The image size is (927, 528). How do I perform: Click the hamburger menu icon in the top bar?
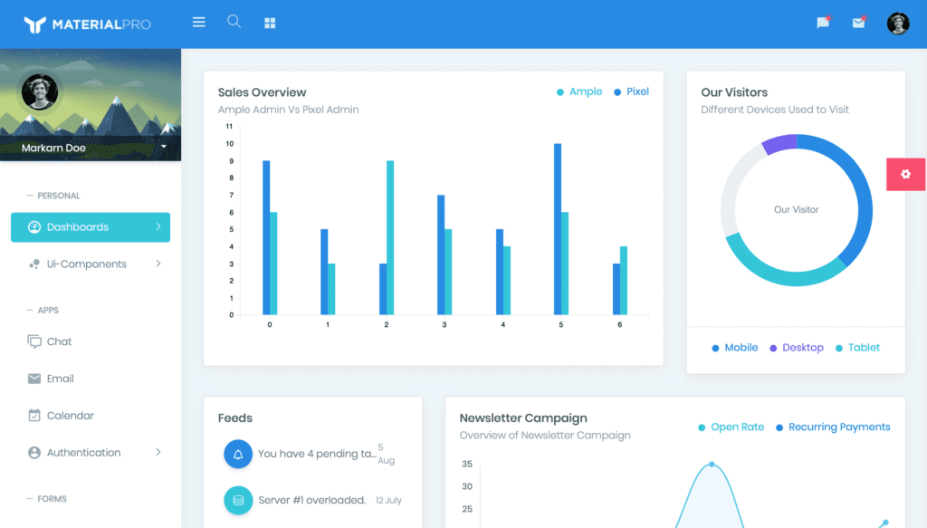(199, 23)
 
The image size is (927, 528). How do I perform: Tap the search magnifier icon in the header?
(234, 22)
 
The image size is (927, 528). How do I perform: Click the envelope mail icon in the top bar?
(858, 24)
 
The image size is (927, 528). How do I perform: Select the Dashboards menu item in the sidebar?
(91, 227)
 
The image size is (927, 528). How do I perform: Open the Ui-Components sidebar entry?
(87, 264)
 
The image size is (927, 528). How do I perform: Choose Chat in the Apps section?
(60, 341)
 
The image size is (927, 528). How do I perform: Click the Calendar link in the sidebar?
(71, 416)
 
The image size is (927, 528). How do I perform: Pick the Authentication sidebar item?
(83, 453)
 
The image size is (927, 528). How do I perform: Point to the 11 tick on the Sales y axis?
(229, 126)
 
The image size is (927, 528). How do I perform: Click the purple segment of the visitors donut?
(779, 143)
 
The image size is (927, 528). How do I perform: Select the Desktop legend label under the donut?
(802, 348)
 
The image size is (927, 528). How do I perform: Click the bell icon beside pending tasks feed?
(238, 454)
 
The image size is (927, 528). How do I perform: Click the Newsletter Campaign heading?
(523, 418)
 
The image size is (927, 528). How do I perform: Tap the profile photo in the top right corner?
(898, 24)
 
